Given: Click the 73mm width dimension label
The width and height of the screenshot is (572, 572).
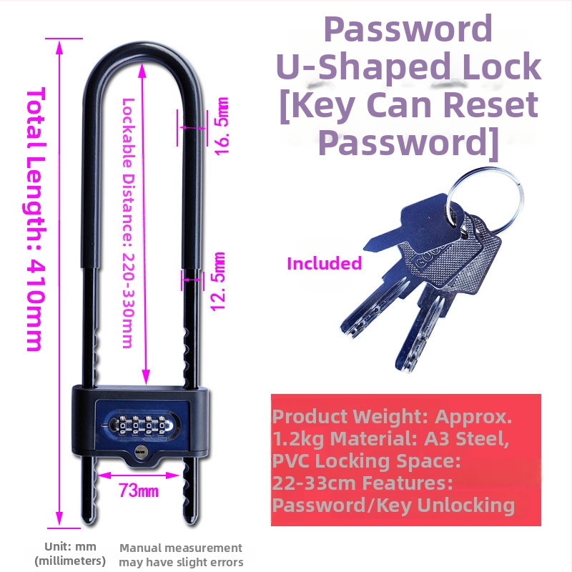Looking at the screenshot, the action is (139, 490).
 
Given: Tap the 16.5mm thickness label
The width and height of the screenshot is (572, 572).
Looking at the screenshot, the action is (222, 127).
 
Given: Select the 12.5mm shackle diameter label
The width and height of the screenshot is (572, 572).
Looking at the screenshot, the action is (218, 281).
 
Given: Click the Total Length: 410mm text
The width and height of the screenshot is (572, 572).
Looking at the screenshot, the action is (36, 219).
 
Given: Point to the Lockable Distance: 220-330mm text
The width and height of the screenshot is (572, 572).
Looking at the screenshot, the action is (128, 223).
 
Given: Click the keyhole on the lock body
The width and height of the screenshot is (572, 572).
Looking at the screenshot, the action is (140, 451).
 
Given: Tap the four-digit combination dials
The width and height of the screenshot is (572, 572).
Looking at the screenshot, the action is (141, 425).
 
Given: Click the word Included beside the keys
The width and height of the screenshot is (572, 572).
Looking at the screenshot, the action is (325, 263).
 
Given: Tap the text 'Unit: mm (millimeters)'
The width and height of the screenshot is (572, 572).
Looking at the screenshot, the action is (70, 553).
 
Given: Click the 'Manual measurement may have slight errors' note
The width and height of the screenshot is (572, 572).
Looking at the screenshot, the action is (181, 555).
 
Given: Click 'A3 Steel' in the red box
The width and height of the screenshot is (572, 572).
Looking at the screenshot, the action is (466, 438).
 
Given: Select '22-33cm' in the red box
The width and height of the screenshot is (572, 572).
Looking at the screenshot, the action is (314, 483).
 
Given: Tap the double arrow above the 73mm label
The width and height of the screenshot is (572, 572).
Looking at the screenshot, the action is (139, 475).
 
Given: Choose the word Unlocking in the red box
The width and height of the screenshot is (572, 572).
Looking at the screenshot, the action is (465, 506).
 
